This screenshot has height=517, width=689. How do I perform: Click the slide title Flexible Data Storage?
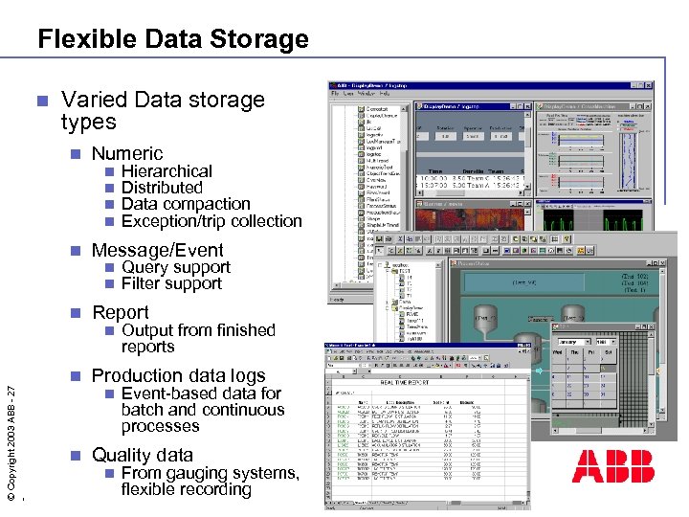click(173, 39)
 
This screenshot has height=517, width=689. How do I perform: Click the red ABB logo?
click(613, 466)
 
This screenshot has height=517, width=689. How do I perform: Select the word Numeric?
click(127, 153)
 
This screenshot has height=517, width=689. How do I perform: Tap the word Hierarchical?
click(167, 171)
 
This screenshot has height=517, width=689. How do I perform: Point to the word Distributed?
click(162, 188)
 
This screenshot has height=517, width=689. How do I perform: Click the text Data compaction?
click(186, 204)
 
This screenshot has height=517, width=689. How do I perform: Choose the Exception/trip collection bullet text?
click(211, 221)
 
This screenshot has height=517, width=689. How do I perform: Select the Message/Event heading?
click(157, 250)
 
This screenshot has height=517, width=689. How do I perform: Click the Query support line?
click(176, 267)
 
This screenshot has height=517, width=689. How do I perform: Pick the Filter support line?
click(171, 283)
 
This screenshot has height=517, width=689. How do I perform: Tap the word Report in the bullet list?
click(120, 312)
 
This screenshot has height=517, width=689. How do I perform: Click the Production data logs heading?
click(178, 375)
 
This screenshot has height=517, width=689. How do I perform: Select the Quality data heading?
click(142, 455)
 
